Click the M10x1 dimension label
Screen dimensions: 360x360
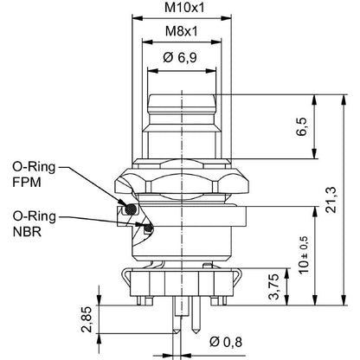tap(184, 8)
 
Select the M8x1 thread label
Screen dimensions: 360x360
tap(182, 31)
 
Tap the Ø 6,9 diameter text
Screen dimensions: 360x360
tap(180, 58)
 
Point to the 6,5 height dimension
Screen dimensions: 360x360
tap(302, 126)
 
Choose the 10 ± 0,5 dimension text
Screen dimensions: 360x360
tap(304, 254)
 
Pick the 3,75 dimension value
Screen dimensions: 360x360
tap(273, 286)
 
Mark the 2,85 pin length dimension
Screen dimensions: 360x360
tap(87, 319)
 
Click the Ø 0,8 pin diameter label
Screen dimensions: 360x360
tap(226, 342)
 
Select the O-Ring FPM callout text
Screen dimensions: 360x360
tap(34, 174)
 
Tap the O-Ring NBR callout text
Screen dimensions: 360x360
tap(34, 223)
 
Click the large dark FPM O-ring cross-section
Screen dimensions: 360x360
tap(131, 209)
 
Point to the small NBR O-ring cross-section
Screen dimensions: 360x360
tap(148, 228)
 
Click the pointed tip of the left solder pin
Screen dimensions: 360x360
tap(177, 333)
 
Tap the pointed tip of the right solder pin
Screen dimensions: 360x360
tap(196, 330)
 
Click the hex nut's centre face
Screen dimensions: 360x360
tap(182, 183)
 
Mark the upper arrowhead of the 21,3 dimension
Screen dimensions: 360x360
tap(344, 99)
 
